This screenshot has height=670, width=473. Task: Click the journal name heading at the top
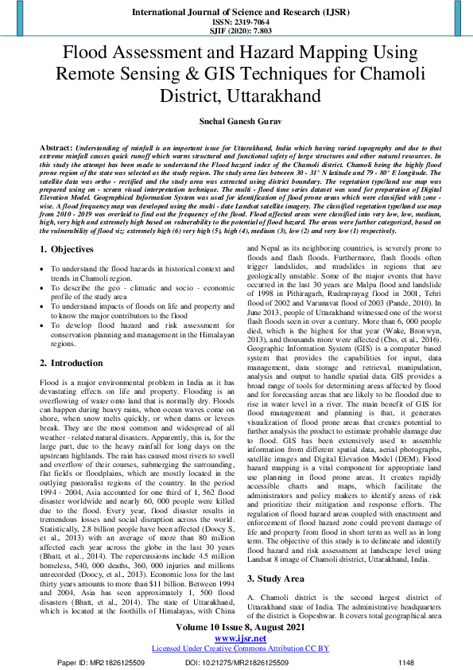[236, 14]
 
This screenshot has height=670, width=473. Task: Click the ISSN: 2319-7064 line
[236, 23]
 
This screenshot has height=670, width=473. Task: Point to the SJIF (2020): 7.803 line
[236, 32]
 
